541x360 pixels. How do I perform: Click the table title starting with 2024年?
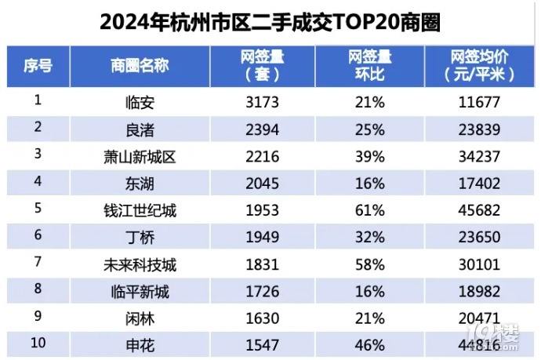coord(270,21)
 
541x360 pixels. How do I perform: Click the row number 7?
coord(37,264)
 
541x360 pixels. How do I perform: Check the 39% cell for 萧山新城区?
coord(369,157)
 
